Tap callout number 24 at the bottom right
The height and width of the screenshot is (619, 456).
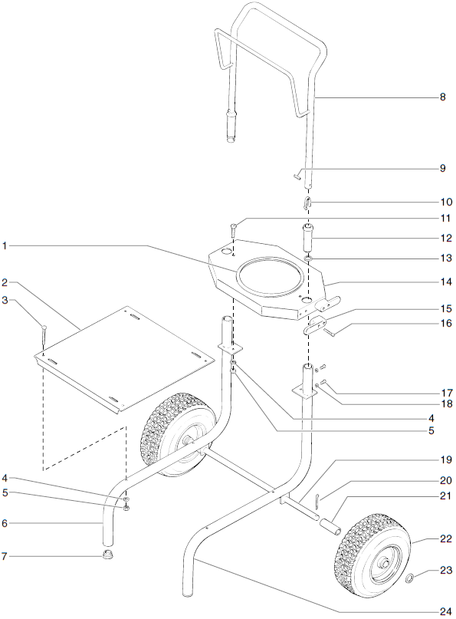(444, 611)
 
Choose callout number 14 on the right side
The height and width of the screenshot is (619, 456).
(444, 282)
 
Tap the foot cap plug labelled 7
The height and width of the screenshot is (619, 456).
(110, 555)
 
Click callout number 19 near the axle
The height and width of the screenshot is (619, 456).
(444, 461)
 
